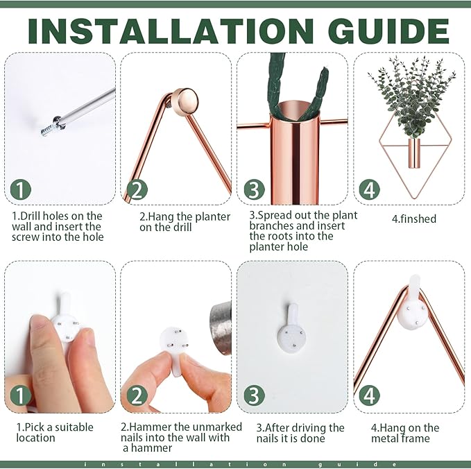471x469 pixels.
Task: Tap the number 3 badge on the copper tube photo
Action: [x=254, y=189]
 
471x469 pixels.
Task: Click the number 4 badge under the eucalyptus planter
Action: [x=370, y=189]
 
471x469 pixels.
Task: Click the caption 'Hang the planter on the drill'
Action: [x=185, y=221]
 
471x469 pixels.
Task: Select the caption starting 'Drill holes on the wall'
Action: [x=57, y=226]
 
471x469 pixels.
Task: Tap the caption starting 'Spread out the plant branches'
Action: [x=303, y=230]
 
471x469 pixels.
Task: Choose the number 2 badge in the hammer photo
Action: [x=137, y=395]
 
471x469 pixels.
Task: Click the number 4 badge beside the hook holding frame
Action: [x=370, y=395]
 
